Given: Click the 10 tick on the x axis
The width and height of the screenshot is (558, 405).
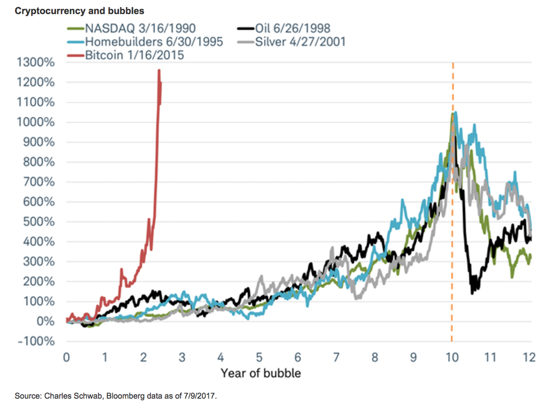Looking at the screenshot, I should (451, 358).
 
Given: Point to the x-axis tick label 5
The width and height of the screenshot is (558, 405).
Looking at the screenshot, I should (259, 358).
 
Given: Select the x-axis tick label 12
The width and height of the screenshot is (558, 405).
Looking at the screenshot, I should (527, 358).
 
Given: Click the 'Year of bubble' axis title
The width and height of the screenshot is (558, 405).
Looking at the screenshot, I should (260, 373).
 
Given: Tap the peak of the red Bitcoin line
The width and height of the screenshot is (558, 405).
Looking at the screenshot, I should (159, 70).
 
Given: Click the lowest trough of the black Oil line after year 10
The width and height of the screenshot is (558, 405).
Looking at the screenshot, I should (472, 293).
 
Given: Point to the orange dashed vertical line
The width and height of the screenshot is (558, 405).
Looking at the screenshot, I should (452, 218).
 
